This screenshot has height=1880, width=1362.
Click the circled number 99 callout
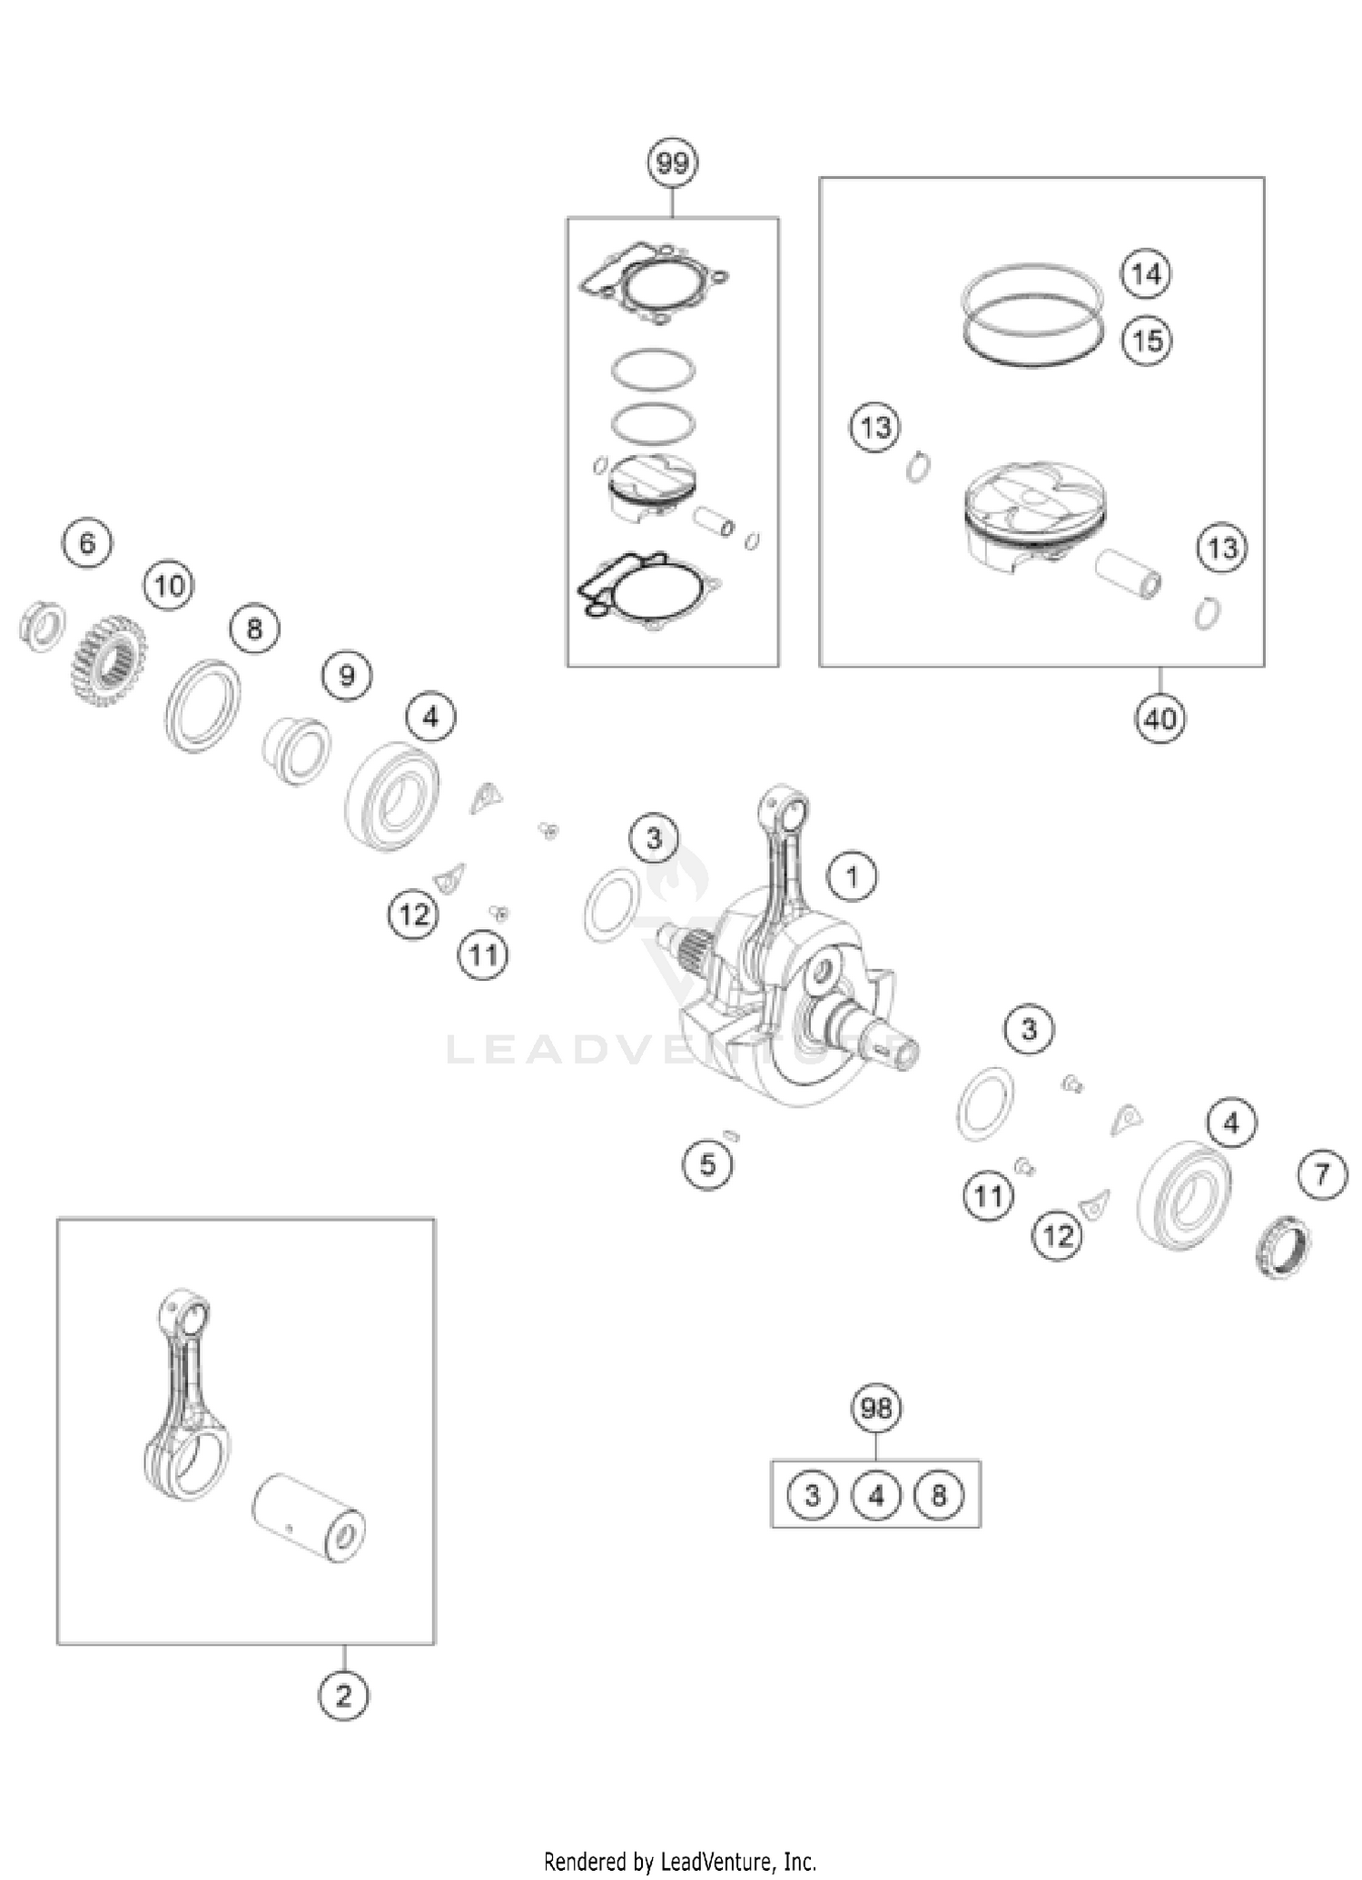click(672, 164)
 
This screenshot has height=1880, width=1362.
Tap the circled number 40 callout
click(1160, 719)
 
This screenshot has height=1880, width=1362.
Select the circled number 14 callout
click(1146, 273)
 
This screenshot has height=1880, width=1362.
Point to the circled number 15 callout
click(1147, 341)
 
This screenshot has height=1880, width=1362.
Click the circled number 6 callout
click(87, 543)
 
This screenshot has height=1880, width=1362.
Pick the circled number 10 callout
click(170, 586)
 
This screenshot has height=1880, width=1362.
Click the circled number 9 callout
click(347, 675)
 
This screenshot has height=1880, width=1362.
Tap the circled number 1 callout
click(852, 877)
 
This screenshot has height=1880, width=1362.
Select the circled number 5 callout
click(707, 1164)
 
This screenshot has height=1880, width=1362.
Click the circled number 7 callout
click(1322, 1175)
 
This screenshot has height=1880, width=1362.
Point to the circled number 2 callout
click(343, 1696)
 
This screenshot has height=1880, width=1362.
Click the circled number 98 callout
click(876, 1409)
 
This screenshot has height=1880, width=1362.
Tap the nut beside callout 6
click(42, 625)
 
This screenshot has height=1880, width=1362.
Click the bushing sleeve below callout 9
click(297, 750)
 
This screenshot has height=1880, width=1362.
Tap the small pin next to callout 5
click(733, 1134)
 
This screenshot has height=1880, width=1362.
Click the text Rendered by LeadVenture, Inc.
click(680, 1861)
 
